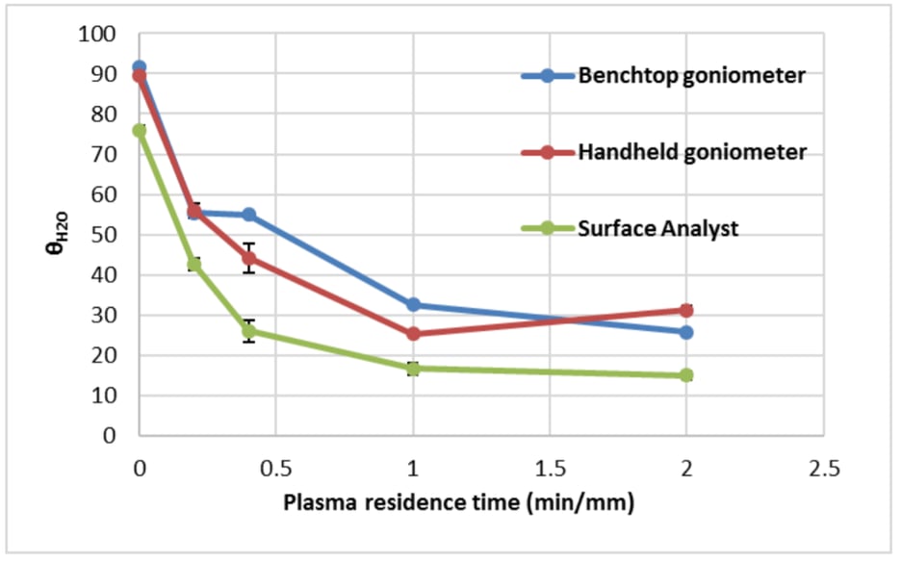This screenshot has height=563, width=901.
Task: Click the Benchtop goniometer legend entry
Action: coord(691,76)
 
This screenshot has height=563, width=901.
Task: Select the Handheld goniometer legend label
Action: coord(691,152)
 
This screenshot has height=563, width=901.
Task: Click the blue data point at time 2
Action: coord(686,332)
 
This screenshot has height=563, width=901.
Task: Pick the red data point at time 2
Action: coord(686,310)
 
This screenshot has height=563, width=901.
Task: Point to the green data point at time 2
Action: coord(686,375)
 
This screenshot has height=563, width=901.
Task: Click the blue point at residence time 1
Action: coord(413,304)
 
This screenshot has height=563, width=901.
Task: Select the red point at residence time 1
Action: coord(413,334)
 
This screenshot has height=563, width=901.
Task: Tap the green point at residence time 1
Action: coord(413,368)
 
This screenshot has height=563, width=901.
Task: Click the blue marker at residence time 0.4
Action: coord(249,215)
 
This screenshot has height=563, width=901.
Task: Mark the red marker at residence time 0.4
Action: coord(249,258)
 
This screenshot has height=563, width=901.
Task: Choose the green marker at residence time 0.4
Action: coord(249,331)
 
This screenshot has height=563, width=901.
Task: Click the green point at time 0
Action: coord(140,130)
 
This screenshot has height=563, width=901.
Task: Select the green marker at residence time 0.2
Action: coord(194,264)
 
